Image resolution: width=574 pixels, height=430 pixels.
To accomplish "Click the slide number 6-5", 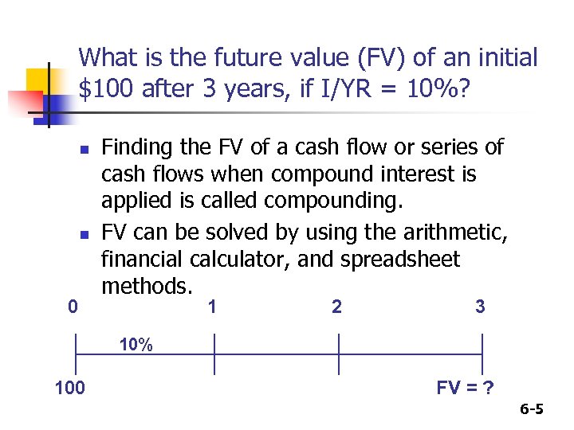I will click(x=532, y=410).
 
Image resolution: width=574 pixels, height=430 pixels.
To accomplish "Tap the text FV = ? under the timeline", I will click(x=465, y=388).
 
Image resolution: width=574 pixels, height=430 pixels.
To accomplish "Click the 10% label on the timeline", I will click(x=136, y=345).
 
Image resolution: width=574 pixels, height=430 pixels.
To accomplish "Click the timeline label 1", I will click(x=211, y=306).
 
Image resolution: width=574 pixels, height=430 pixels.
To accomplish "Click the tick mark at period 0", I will click(x=75, y=354).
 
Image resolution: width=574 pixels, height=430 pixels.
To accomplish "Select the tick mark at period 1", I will click(x=214, y=354).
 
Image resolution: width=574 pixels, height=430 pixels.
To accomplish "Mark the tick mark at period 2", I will click(x=339, y=354).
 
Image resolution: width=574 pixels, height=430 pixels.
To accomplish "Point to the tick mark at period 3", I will click(x=482, y=354).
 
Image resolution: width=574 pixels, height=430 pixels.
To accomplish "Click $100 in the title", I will click(x=107, y=89).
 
